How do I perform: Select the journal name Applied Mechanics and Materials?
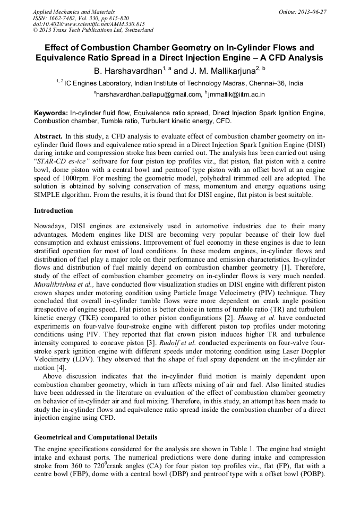point(74,11)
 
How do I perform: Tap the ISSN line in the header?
point(81,18)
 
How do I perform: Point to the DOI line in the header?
point(89,24)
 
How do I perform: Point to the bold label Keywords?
point(51,113)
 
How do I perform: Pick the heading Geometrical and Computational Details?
point(96,437)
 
